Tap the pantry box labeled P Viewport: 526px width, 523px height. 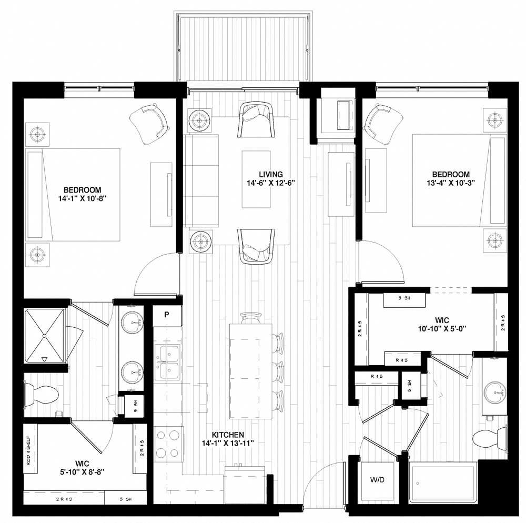[x=167, y=315]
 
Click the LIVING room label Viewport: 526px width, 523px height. [x=271, y=174]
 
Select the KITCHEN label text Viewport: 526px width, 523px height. [x=227, y=435]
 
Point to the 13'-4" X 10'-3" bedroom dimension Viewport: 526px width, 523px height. [x=451, y=184]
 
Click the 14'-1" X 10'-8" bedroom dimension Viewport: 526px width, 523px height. [x=82, y=199]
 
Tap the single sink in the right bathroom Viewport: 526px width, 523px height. [x=495, y=390]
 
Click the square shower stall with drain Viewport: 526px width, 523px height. [x=45, y=335]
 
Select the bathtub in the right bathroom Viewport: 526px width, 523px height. [x=443, y=482]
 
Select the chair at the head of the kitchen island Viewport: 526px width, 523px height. [x=250, y=318]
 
